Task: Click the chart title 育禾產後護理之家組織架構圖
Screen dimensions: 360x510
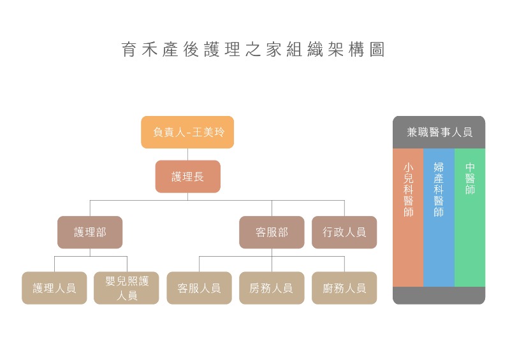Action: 253,50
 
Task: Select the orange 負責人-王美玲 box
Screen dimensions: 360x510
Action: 187,133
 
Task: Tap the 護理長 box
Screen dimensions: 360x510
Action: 187,176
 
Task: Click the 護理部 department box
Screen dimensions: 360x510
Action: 90,233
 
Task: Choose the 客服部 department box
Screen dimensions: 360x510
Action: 272,233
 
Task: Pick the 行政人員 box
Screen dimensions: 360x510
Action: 344,233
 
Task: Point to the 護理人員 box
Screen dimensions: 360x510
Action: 54,288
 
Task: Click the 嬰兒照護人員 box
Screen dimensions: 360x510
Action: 127,288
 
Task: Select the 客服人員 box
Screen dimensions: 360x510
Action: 199,288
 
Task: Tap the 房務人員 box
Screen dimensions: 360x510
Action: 272,288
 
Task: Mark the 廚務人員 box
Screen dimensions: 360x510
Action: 344,288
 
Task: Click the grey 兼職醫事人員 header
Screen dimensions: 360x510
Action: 439,133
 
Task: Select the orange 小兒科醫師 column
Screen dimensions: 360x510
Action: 408,217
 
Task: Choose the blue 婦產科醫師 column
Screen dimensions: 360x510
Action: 439,217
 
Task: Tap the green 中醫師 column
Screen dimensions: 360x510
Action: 470,217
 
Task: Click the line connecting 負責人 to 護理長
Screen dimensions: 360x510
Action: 187,154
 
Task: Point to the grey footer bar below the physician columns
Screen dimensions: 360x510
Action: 439,295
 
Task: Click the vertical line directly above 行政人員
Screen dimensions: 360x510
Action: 344,208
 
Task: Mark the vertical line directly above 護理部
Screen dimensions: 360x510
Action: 90,208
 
